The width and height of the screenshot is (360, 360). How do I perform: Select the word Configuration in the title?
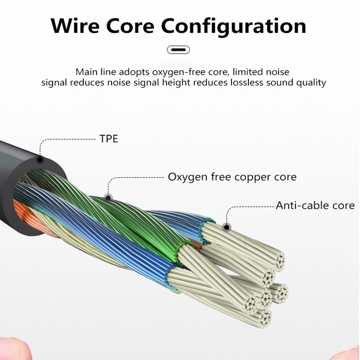[x=234, y=26]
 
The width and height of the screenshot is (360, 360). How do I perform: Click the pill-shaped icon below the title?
[x=179, y=49]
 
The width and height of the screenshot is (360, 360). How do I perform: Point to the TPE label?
[x=108, y=139]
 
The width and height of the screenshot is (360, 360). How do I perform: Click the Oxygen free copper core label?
[x=232, y=177]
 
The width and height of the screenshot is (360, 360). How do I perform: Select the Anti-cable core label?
[x=315, y=206]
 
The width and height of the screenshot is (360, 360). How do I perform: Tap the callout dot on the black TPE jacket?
[x=40, y=159]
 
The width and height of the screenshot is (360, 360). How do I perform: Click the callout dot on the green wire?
[x=107, y=197]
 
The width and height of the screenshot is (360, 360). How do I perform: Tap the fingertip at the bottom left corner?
[x=9, y=349]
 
